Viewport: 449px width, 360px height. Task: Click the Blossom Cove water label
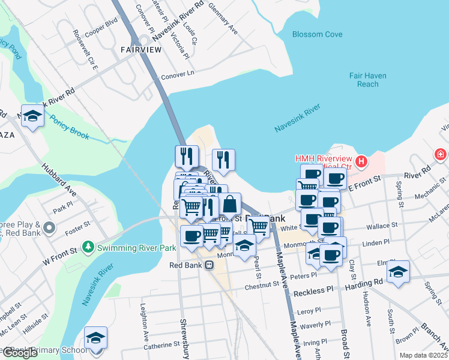point(317,34)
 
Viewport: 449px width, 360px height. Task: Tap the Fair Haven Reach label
point(368,80)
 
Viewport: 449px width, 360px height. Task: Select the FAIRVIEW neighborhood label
point(140,49)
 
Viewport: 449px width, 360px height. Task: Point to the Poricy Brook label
point(69,127)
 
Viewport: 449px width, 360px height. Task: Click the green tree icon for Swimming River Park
point(88,247)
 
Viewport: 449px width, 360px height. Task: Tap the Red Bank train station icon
point(209,265)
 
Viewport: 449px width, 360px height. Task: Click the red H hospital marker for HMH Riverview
point(361,161)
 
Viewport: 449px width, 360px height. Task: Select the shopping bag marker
point(230,205)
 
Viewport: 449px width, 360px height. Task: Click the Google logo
point(20,353)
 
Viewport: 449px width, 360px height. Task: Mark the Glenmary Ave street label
point(223,17)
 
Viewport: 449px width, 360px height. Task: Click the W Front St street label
point(60,259)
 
